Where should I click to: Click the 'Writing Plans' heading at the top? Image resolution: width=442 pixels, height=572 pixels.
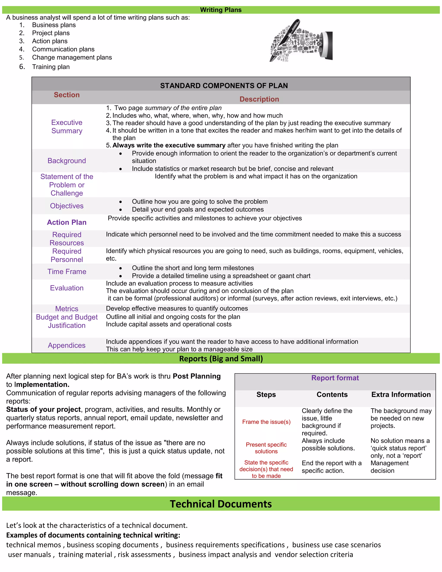click(x=221, y=10)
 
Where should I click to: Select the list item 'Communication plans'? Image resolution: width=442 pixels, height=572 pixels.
click(x=63, y=49)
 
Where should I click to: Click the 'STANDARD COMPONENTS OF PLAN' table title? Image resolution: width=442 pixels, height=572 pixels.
click(x=224, y=86)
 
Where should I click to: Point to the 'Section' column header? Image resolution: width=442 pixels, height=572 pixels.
click(x=66, y=95)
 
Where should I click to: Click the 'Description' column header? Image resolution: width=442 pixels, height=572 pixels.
click(x=259, y=99)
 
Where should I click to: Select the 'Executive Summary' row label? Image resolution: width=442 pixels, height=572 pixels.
click(x=67, y=126)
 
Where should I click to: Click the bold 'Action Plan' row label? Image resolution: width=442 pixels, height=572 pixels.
click(x=67, y=222)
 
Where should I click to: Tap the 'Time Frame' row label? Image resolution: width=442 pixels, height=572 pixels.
click(x=67, y=271)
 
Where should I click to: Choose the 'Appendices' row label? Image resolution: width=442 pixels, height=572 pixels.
click(x=67, y=345)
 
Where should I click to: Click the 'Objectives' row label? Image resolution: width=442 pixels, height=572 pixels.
click(x=67, y=206)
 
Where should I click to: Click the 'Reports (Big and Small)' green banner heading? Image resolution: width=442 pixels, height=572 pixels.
click(x=221, y=359)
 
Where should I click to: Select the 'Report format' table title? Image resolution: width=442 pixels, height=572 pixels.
click(x=335, y=378)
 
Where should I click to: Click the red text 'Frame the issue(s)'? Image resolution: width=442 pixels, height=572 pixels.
click(x=266, y=422)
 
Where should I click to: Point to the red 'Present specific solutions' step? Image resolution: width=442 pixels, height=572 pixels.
click(x=266, y=448)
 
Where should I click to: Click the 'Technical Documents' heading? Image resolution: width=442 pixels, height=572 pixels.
click(x=221, y=504)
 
